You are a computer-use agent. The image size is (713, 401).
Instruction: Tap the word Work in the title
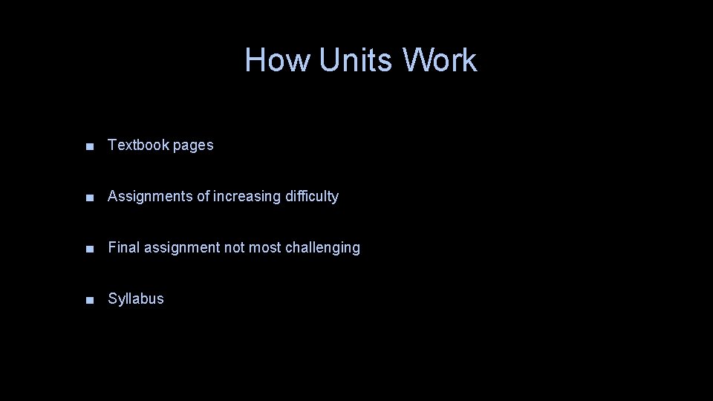pyautogui.click(x=440, y=60)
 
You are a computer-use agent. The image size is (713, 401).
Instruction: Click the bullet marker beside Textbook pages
pyautogui.click(x=89, y=146)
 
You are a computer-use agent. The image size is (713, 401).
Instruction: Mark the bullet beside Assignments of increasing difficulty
pyautogui.click(x=89, y=198)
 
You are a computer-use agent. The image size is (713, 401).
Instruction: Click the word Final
pyautogui.click(x=123, y=248)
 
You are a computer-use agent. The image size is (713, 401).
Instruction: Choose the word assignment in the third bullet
pyautogui.click(x=182, y=248)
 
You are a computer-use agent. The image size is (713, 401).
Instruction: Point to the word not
pyautogui.click(x=234, y=248)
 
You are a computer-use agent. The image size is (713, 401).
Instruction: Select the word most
pyautogui.click(x=265, y=248)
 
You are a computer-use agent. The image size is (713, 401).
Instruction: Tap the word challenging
pyautogui.click(x=323, y=248)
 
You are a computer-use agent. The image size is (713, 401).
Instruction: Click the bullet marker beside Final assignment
pyautogui.click(x=89, y=249)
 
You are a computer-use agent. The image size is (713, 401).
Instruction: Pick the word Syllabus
pyautogui.click(x=136, y=299)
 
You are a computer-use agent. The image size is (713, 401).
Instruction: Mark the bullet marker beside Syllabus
pyautogui.click(x=89, y=300)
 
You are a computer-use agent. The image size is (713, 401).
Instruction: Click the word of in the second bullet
pyautogui.click(x=204, y=197)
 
